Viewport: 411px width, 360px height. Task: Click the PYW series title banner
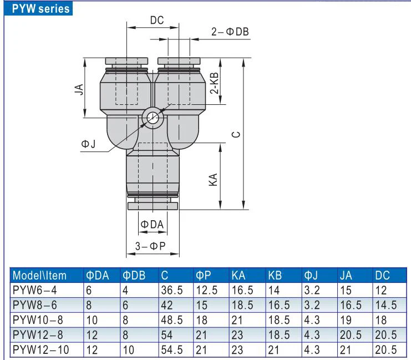[x=38, y=8]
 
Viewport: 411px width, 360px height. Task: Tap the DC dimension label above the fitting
[x=157, y=20]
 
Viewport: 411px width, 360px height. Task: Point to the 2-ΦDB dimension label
[x=230, y=32]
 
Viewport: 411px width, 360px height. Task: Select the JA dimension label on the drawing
[x=79, y=89]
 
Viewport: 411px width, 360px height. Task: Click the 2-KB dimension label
[x=214, y=83]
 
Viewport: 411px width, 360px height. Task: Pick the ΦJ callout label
[x=88, y=144]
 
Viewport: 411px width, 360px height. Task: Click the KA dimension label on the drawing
[x=213, y=180]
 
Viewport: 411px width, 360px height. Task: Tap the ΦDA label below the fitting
[x=152, y=225]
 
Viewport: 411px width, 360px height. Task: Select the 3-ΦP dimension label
[x=150, y=246]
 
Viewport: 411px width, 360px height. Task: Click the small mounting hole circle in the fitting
[x=153, y=118]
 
